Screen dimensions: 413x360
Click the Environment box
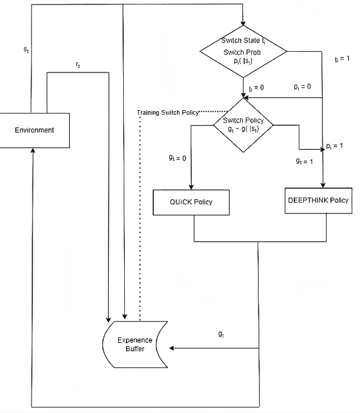pyautogui.click(x=34, y=130)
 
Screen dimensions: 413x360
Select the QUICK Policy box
pyautogui.click(x=192, y=202)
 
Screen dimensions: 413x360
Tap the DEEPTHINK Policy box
pyautogui.click(x=318, y=200)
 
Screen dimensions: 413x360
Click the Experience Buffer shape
pyautogui.click(x=131, y=344)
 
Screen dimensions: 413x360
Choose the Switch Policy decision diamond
pyautogui.click(x=243, y=125)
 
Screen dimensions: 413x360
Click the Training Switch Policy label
pyautogui.click(x=168, y=112)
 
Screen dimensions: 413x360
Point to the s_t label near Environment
pyautogui.click(x=26, y=49)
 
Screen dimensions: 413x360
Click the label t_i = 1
pyautogui.click(x=342, y=58)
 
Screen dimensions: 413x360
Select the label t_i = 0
pyautogui.click(x=256, y=88)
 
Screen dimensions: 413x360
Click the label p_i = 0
pyautogui.click(x=302, y=88)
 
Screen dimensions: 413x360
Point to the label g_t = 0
pyautogui.click(x=177, y=158)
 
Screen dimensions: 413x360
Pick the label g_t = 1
pyautogui.click(x=305, y=161)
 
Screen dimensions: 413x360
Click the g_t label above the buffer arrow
pyautogui.click(x=221, y=334)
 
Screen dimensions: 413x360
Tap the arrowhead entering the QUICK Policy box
pyautogui.click(x=192, y=187)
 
